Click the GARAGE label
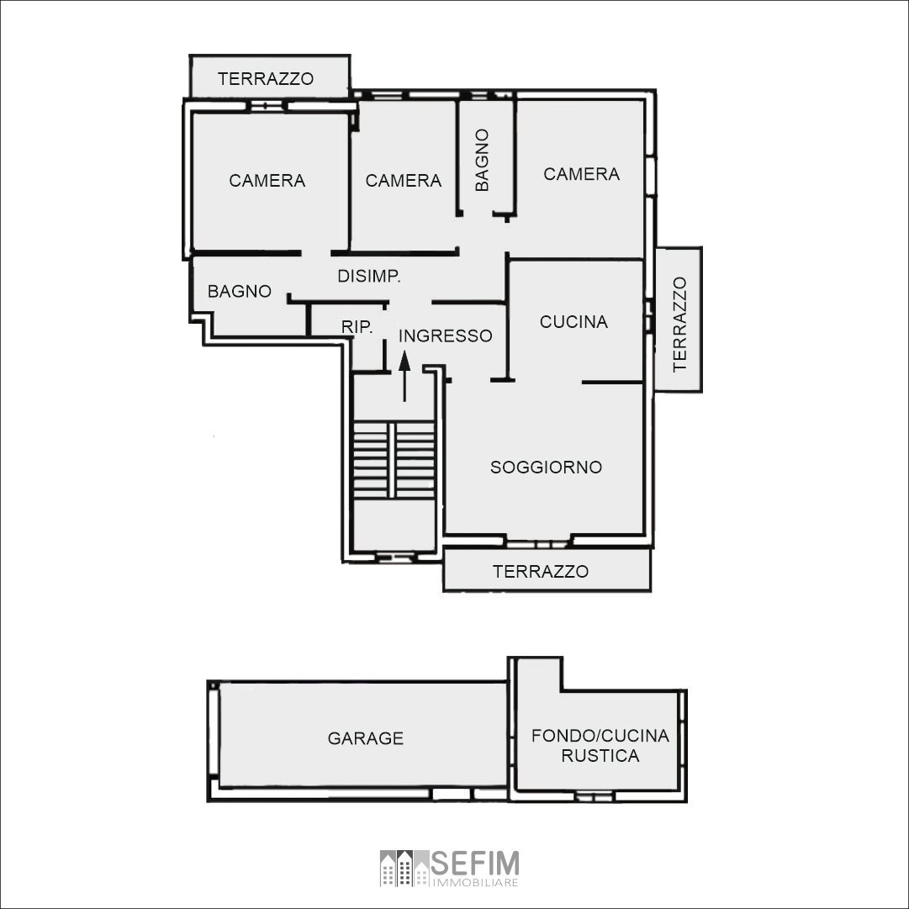pyautogui.click(x=365, y=738)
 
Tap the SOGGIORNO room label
pyautogui.click(x=546, y=468)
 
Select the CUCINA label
pyautogui.click(x=574, y=322)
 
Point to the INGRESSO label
pyautogui.click(x=445, y=336)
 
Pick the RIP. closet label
pyautogui.click(x=357, y=327)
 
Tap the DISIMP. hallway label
pyautogui.click(x=369, y=276)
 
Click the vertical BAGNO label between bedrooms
pyautogui.click(x=482, y=160)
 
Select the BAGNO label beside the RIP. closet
pyautogui.click(x=240, y=291)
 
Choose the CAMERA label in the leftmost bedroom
pyautogui.click(x=267, y=181)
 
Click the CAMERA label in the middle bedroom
pyautogui.click(x=404, y=181)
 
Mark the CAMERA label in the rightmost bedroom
pyautogui.click(x=581, y=174)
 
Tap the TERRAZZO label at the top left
pyautogui.click(x=266, y=79)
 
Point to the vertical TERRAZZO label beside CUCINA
pyautogui.click(x=679, y=324)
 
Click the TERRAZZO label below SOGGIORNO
pyautogui.click(x=541, y=572)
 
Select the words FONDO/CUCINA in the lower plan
pyautogui.click(x=600, y=736)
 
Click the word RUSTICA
pyautogui.click(x=600, y=756)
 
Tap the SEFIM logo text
pyautogui.click(x=475, y=864)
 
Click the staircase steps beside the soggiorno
pyautogui.click(x=394, y=460)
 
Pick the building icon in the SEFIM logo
pyautogui.click(x=404, y=868)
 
